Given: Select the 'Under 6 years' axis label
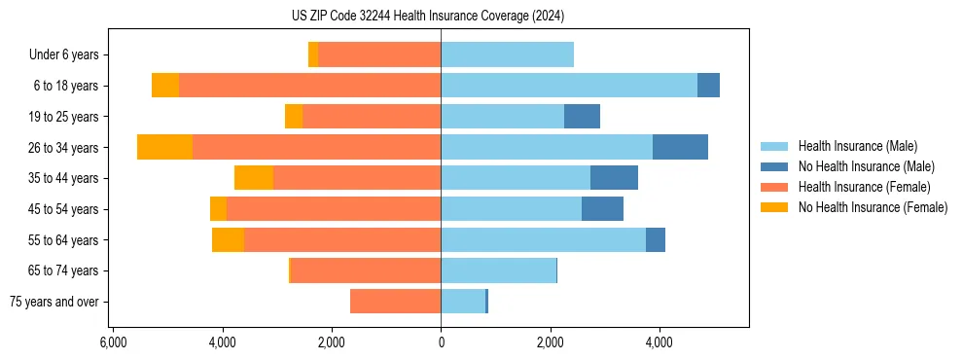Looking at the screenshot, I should [x=63, y=54].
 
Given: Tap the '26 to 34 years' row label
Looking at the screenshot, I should [x=65, y=147].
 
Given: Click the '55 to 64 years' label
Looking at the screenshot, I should [x=65, y=240].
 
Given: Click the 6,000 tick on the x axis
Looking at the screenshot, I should [x=113, y=342].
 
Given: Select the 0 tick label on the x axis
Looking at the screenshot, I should [x=441, y=342].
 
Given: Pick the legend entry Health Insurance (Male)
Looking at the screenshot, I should [x=857, y=146].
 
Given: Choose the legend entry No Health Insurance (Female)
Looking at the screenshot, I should [x=873, y=207].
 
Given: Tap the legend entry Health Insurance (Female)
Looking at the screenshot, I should [x=864, y=187].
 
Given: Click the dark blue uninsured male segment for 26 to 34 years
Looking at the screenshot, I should [x=680, y=147].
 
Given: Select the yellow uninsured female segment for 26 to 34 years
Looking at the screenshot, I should [x=164, y=147].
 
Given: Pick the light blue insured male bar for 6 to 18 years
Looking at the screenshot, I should [x=569, y=86].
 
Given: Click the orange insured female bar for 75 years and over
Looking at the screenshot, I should [x=395, y=302].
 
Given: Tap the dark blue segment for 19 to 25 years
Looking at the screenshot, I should [x=582, y=116].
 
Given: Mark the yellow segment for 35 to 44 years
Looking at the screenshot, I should [x=254, y=178].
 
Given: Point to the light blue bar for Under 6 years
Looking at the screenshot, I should [x=507, y=54].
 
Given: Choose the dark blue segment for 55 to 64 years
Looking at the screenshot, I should [x=656, y=239].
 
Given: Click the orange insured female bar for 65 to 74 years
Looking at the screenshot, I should [x=366, y=270].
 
